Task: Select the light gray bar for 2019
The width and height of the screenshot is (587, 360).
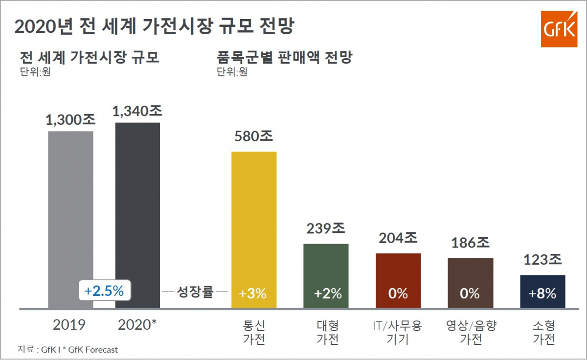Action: click(70, 205)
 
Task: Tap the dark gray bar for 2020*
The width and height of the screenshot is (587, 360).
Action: click(137, 201)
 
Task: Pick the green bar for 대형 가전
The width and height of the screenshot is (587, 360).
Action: click(326, 264)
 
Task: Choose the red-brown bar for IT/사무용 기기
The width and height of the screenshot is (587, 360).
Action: click(398, 269)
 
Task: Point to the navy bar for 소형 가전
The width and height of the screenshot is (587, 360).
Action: click(542, 284)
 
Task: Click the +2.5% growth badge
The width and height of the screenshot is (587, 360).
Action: click(104, 291)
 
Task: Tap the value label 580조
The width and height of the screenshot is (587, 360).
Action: click(253, 136)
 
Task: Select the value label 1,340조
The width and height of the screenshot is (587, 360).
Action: click(137, 111)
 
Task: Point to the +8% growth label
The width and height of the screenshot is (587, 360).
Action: click(542, 294)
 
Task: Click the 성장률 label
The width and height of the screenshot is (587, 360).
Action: click(195, 293)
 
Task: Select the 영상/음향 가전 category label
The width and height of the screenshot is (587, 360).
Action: click(471, 332)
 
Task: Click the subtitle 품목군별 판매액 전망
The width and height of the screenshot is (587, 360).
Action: click(284, 58)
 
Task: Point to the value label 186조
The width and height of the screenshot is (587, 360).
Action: click(470, 243)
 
